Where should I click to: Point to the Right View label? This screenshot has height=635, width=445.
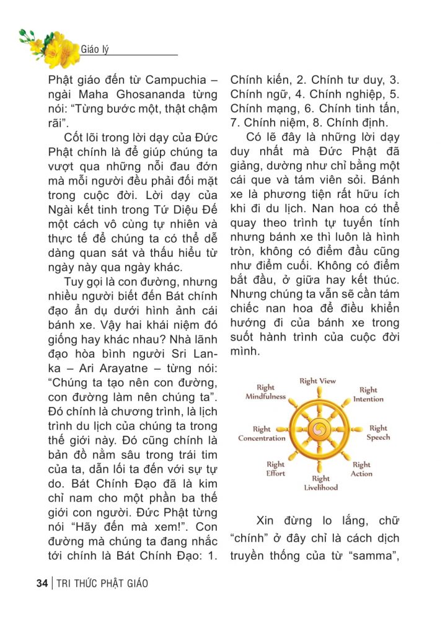(317, 381)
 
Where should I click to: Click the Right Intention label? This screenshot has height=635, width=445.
(368, 394)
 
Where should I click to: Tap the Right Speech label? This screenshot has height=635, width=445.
(378, 433)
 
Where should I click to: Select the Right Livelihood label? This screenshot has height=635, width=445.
(321, 482)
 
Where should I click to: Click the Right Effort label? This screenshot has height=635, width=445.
(276, 469)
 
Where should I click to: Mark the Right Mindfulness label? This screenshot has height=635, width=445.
(265, 392)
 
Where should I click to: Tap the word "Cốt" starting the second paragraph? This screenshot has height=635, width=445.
(76, 137)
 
